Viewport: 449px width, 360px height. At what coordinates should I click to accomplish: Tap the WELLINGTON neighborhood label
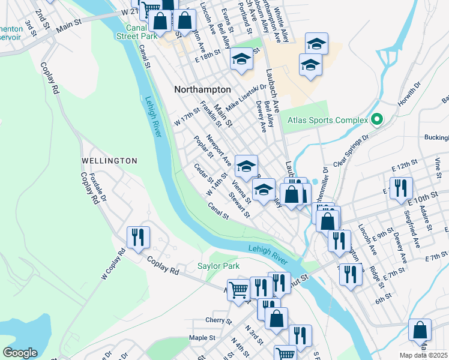[109, 161]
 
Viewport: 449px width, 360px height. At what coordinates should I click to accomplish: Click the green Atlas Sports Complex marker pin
[377, 120]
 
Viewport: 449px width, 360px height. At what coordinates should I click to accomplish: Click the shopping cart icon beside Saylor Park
[238, 290]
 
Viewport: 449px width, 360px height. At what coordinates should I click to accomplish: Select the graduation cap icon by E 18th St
[242, 59]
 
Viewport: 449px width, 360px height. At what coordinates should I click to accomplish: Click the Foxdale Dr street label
[97, 187]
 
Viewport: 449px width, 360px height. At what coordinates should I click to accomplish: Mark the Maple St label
[202, 338]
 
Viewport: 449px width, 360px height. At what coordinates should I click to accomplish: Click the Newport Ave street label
[218, 151]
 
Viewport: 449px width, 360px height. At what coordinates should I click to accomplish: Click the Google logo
[20, 352]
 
